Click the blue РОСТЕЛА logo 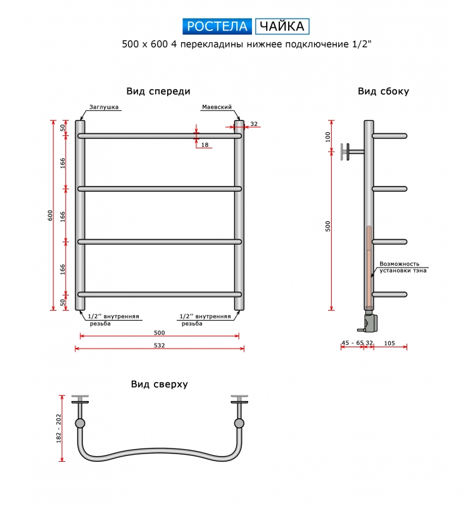pyautogui.click(x=217, y=27)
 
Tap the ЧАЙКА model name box pyautogui.click(x=282, y=27)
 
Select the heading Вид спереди pyautogui.click(x=158, y=91)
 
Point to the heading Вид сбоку pyautogui.click(x=383, y=91)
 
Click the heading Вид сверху pyautogui.click(x=160, y=384)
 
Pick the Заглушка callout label pyautogui.click(x=104, y=107)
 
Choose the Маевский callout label pyautogui.click(x=217, y=107)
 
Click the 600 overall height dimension pyautogui.click(x=50, y=215)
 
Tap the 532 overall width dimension pyautogui.click(x=160, y=345)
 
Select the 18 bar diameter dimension pyautogui.click(x=205, y=145)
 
